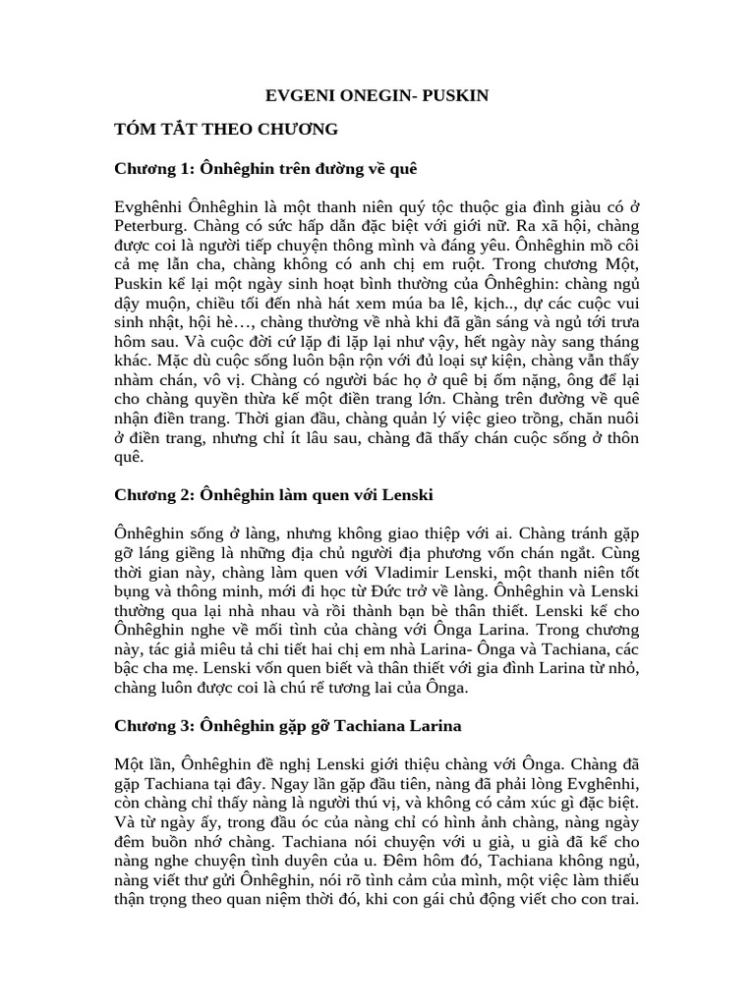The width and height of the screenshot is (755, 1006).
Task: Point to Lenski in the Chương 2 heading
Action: point(402,492)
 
